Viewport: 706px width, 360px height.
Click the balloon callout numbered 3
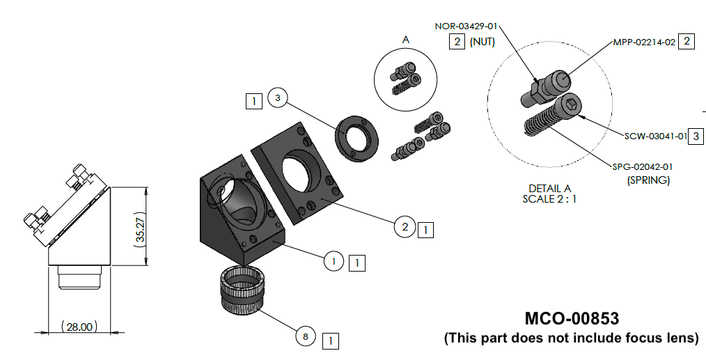coord(277,99)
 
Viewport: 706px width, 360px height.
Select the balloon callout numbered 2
coord(405,226)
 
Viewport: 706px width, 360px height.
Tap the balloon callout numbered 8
coord(305,337)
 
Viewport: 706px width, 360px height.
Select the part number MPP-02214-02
coord(644,42)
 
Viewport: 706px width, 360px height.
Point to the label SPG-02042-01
coord(643,167)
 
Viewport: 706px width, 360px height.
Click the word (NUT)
coord(482,42)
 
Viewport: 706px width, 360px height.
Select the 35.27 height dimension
coord(140,226)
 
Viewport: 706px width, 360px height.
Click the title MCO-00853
coord(571,319)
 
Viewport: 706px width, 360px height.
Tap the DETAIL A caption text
coord(550,188)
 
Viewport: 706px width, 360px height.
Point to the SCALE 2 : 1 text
coord(550,198)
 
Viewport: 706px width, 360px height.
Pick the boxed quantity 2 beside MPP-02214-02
coord(687,42)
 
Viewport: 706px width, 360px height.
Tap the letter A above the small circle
coord(405,40)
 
